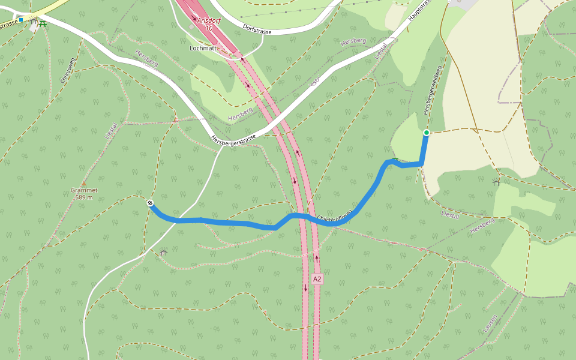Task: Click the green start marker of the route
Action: pos(426,133)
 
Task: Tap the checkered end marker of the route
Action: pos(149,203)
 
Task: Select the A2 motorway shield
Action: pos(317,279)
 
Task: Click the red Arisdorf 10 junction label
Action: pos(208,24)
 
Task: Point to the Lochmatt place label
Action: pos(203,47)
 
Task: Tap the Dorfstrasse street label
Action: pos(262,28)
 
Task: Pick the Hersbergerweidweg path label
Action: pos(433,91)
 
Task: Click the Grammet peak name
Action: pos(84,190)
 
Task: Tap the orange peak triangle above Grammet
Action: pos(83,184)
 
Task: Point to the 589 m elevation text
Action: pos(84,197)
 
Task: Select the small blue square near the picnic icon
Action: pos(21,20)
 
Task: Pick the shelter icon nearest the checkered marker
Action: pos(163,253)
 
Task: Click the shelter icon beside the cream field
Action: pos(496,182)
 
